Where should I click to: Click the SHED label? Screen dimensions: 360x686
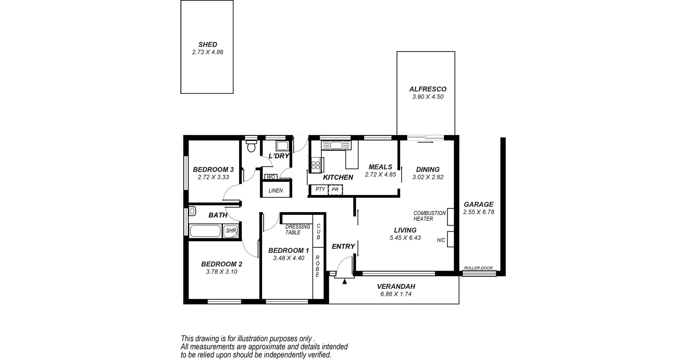tap(208, 45)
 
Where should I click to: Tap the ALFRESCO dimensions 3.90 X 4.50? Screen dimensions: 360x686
tap(428, 97)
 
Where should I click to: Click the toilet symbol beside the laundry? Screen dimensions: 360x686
tap(252, 147)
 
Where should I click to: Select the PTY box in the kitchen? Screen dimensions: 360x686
tap(320, 189)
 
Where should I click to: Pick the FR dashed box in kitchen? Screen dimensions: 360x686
tap(335, 190)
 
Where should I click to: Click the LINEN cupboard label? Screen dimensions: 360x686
tap(275, 191)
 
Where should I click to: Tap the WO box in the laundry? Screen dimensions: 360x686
tap(271, 177)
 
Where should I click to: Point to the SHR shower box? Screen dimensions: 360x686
tap(231, 231)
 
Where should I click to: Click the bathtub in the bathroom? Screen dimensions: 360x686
tap(205, 231)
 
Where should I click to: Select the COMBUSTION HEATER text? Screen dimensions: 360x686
tap(429, 216)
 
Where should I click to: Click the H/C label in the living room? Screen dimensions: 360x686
tap(441, 240)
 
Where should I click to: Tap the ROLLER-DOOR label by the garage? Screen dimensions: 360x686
tap(478, 268)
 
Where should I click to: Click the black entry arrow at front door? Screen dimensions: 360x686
tap(344, 282)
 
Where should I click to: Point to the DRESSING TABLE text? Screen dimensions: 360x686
tap(298, 230)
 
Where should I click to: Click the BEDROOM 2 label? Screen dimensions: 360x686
tap(222, 264)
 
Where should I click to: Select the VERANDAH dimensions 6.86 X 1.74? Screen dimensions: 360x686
tap(396, 295)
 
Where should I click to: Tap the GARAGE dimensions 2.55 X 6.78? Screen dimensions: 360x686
tap(478, 212)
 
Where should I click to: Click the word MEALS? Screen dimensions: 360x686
tap(380, 167)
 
